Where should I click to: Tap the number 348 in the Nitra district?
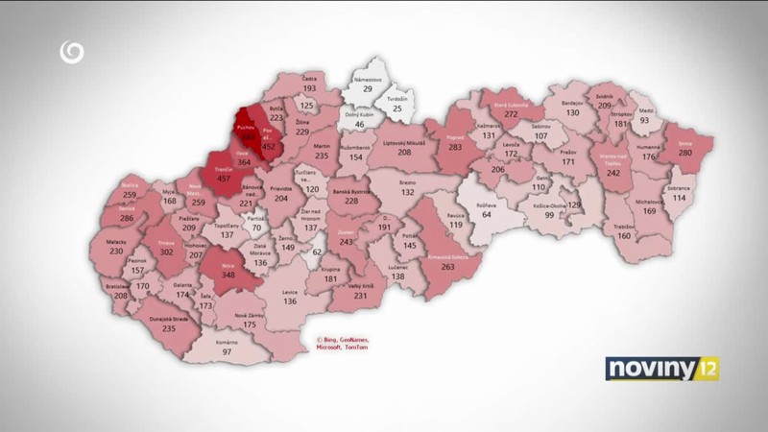pyautogui.click(x=228, y=276)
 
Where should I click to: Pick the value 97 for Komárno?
pyautogui.click(x=227, y=351)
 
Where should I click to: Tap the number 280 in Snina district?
pyautogui.click(x=684, y=153)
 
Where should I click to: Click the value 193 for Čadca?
pyautogui.click(x=310, y=87)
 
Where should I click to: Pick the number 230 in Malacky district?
pyautogui.click(x=117, y=252)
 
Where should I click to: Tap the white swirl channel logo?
pyautogui.click(x=70, y=52)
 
